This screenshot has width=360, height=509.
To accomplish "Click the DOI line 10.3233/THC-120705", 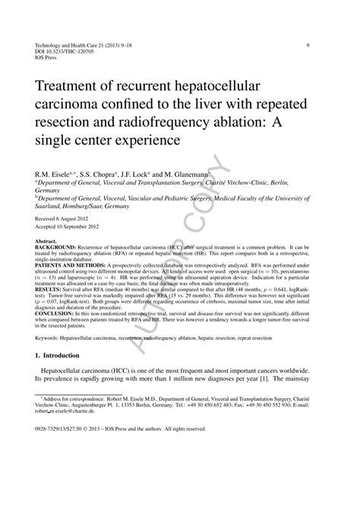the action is (x=65, y=52).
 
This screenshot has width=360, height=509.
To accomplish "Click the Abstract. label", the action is (x=46, y=242).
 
